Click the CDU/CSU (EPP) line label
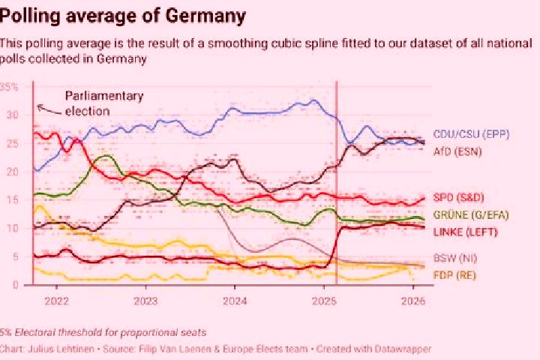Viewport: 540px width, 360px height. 471,134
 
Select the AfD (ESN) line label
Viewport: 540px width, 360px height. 457,151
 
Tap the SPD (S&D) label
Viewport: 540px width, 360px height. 458,198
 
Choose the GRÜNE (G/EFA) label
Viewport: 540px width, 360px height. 471,215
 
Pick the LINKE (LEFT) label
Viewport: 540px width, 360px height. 465,232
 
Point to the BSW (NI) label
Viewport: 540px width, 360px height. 455,258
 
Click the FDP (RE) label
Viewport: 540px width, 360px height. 454,275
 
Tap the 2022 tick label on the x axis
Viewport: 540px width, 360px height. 57,301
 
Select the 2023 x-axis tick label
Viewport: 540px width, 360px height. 145,301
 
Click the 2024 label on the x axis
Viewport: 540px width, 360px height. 235,301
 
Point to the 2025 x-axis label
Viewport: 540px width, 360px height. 324,301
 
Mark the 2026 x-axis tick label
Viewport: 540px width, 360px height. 413,301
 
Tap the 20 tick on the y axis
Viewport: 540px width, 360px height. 13,172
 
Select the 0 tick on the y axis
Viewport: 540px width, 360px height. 16,285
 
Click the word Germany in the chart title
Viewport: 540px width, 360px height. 205,16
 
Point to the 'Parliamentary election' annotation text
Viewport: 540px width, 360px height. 104,103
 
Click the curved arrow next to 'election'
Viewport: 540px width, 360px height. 50,109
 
